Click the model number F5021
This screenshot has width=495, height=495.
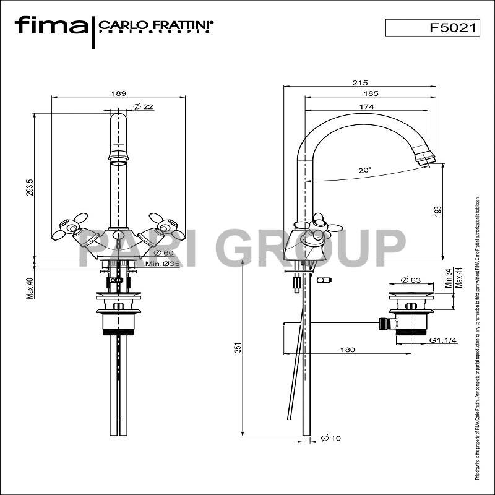tap(454, 28)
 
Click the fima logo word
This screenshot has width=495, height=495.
tap(51, 26)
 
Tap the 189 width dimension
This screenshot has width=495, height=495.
tap(119, 93)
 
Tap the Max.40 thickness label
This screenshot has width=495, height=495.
tap(29, 287)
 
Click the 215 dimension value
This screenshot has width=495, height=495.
tap(359, 83)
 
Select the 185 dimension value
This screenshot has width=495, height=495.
tap(371, 94)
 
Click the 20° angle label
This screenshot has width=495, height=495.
tap(365, 170)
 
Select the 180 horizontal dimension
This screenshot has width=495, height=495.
tap(348, 350)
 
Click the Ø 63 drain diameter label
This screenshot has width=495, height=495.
tap(411, 280)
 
